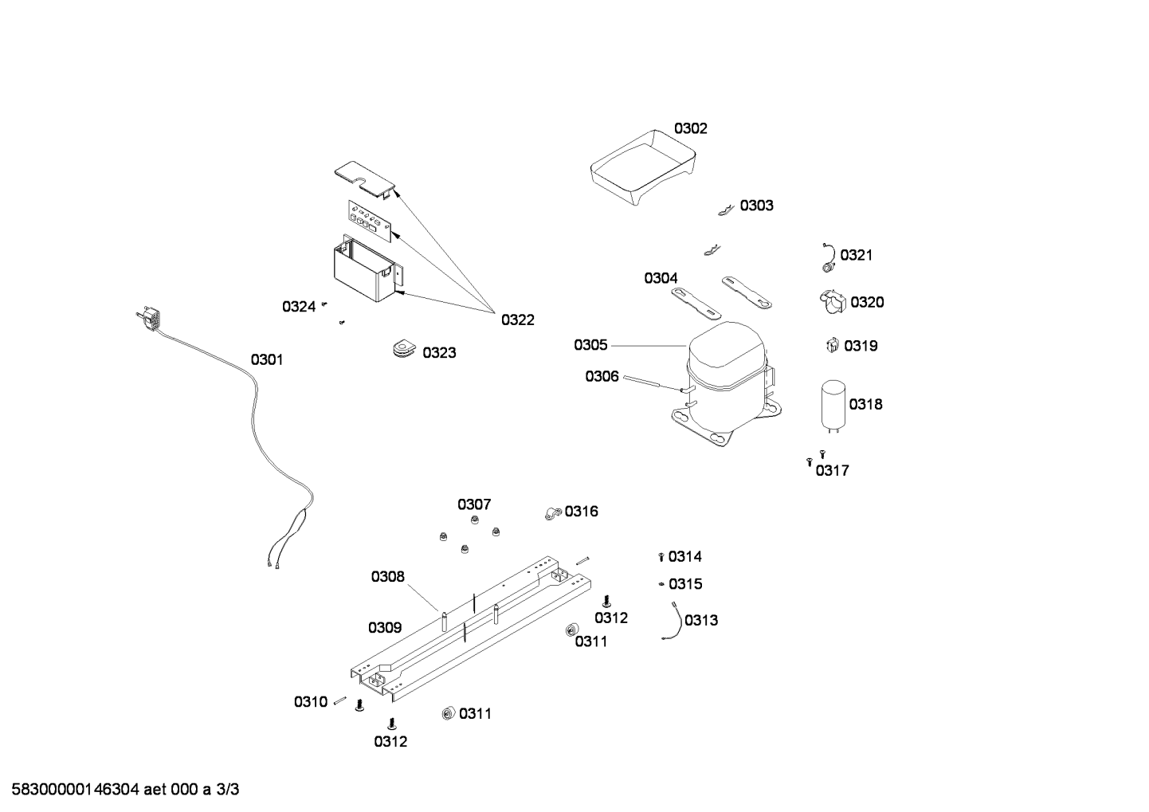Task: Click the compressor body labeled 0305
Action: pos(727,383)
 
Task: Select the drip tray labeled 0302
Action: pos(643,167)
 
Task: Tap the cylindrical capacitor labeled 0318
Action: pos(833,406)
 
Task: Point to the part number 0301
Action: pos(267,360)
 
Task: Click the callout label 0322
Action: pos(518,320)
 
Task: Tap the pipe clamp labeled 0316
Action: pos(553,513)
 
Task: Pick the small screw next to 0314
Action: pos(661,556)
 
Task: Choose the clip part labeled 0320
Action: pos(833,302)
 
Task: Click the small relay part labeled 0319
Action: pos(833,345)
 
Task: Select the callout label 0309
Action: pos(385,628)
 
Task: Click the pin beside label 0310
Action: pos(340,700)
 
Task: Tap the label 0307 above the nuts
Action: pos(474,504)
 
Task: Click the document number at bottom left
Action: pos(125,790)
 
